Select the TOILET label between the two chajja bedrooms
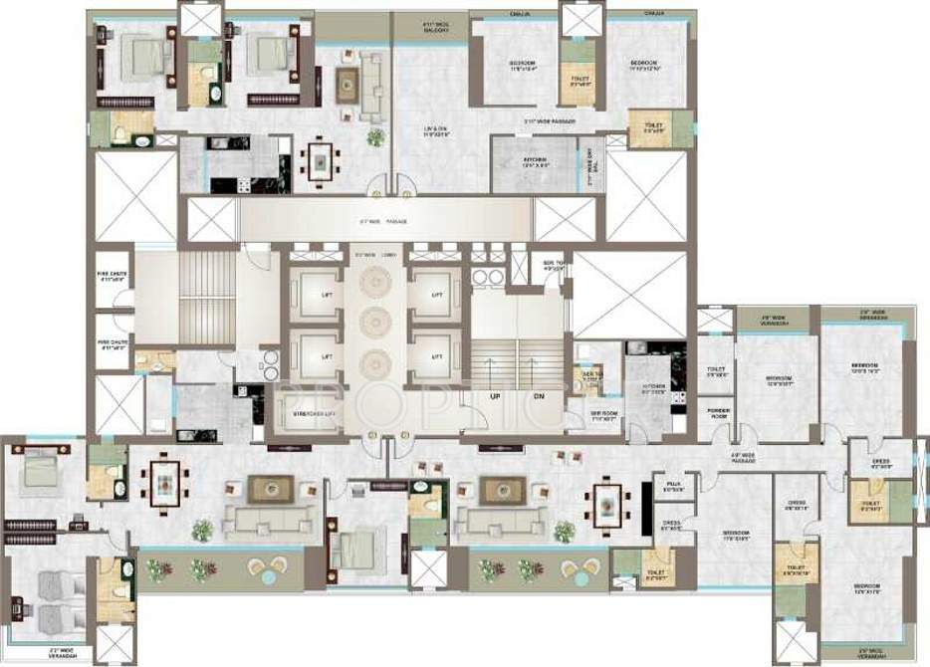581,82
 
